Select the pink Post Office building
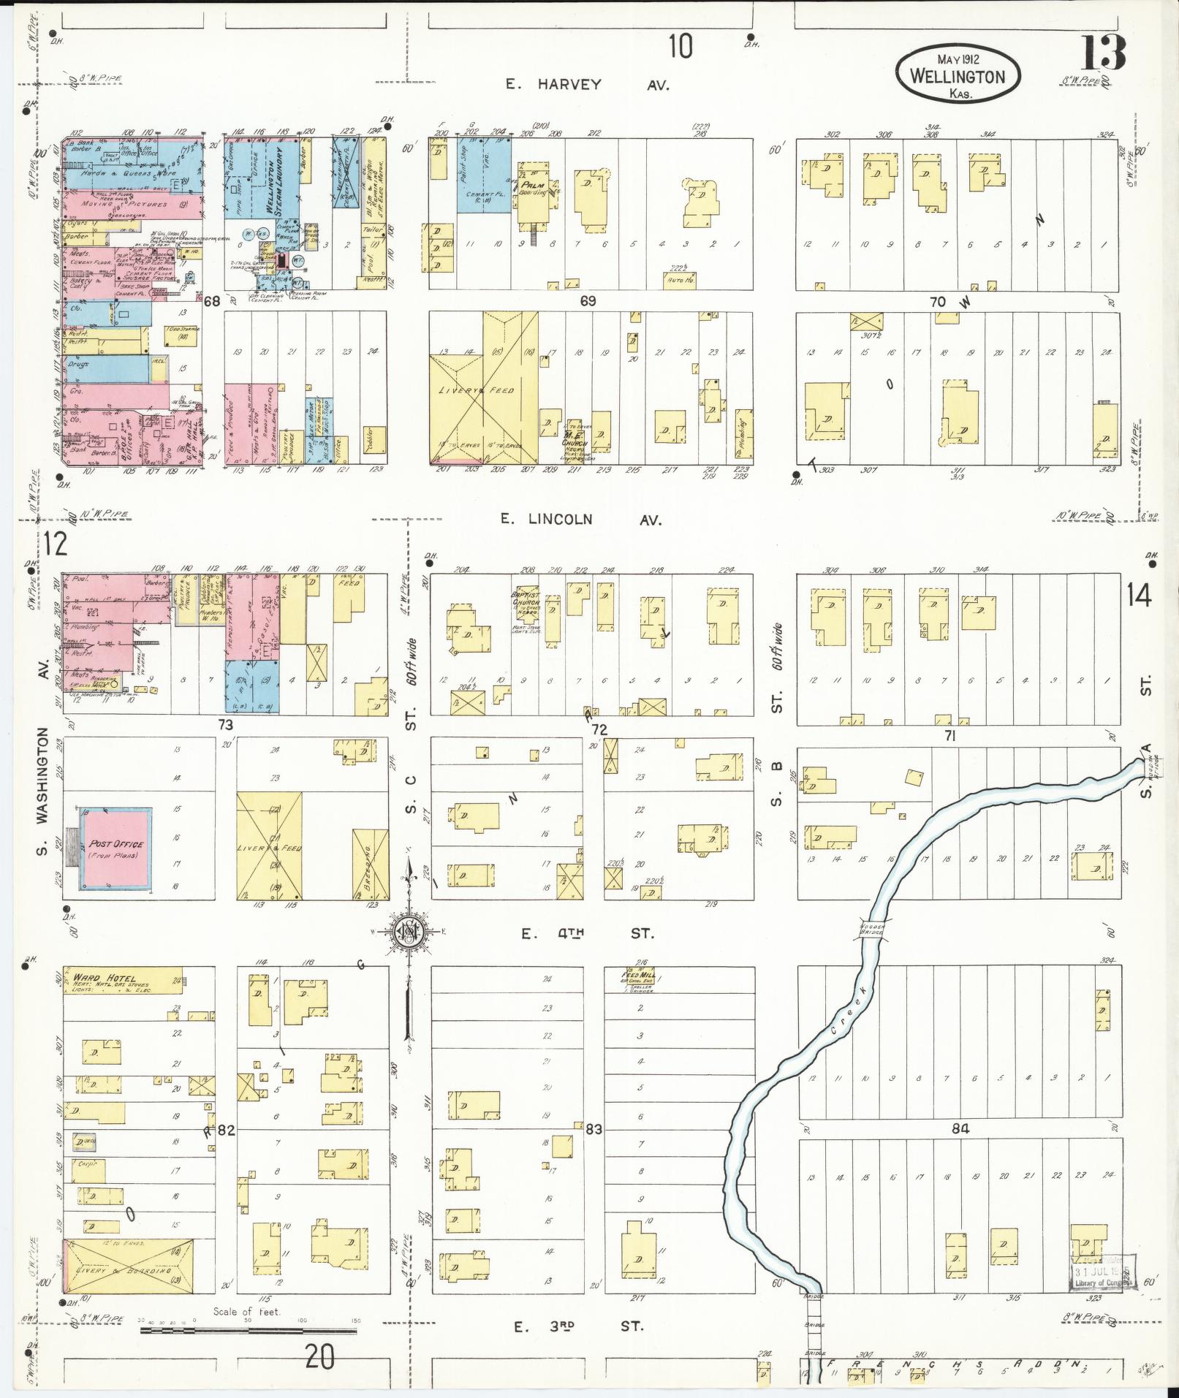point(116,849)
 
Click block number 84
point(960,1150)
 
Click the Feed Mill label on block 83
point(637,977)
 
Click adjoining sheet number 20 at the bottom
point(320,1357)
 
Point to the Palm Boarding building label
point(534,189)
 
